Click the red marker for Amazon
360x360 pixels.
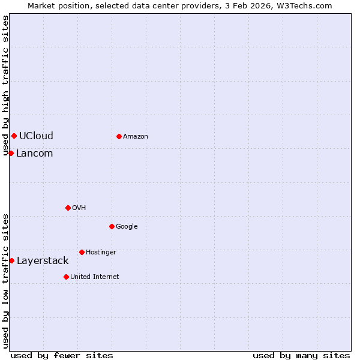tap(119, 136)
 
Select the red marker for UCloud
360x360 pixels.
tap(14, 136)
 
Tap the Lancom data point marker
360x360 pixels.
tap(11, 153)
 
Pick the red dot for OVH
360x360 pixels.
tap(68, 208)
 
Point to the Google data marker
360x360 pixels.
tap(112, 226)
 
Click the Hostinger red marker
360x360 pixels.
tap(82, 252)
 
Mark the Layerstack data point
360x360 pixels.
tap(11, 260)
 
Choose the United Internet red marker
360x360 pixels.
tap(66, 277)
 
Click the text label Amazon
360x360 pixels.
tap(136, 137)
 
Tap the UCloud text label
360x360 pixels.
tap(36, 136)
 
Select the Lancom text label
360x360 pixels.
tap(34, 153)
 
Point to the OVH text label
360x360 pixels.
tap(79, 208)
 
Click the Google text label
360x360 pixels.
tap(127, 227)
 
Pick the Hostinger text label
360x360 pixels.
tap(101, 253)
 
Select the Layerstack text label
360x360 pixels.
tap(43, 260)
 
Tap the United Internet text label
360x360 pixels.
tap(95, 277)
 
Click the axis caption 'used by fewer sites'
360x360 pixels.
tap(62, 355)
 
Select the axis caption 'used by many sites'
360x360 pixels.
tap(301, 355)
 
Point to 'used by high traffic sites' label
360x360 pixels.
tap(5, 85)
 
